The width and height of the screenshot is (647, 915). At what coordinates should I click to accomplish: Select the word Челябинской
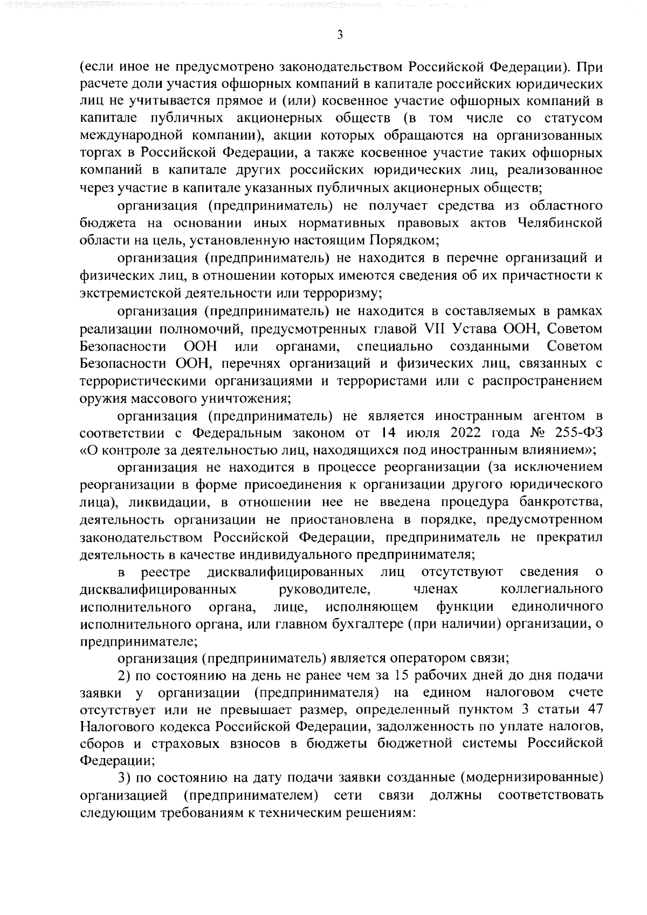[x=559, y=223]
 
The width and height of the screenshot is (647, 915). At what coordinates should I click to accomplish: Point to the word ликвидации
[x=172, y=503]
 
